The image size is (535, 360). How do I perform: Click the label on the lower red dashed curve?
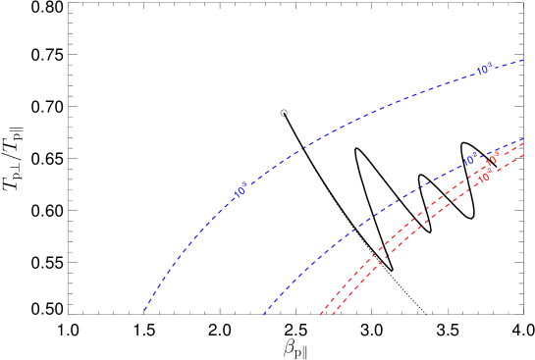485,177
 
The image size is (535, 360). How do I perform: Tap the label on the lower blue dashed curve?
470,159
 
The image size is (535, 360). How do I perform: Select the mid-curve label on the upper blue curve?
241,191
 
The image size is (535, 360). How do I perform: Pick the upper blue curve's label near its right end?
484,70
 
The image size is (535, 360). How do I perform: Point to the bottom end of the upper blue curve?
143,313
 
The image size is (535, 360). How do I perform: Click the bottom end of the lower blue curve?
263,315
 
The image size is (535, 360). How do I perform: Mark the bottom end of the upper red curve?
320,315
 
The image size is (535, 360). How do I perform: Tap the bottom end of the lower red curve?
333,315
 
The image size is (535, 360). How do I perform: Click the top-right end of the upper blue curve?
524,60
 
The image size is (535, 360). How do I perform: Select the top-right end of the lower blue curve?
524,139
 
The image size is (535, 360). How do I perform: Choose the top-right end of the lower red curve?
524,155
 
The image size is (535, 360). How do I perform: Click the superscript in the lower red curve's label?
489,173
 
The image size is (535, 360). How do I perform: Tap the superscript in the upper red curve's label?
497,153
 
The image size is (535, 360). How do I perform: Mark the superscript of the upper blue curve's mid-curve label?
244,185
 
